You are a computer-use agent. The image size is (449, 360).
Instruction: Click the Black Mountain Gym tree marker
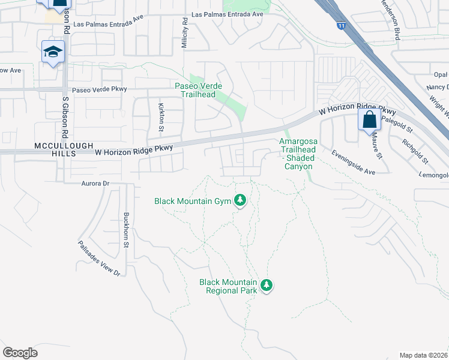point(241,200)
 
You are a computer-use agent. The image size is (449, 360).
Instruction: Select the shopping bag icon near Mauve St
point(369,119)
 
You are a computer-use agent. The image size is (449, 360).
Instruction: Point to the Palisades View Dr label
point(99,258)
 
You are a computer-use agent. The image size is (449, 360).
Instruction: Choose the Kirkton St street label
point(161,116)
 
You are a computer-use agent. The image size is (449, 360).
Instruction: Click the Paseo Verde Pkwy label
point(100,89)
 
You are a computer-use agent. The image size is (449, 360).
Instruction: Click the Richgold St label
point(415,152)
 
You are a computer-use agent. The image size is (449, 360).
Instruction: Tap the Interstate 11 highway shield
point(341,26)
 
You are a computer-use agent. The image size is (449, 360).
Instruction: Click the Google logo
point(20,353)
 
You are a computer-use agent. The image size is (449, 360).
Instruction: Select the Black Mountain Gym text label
point(193,201)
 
